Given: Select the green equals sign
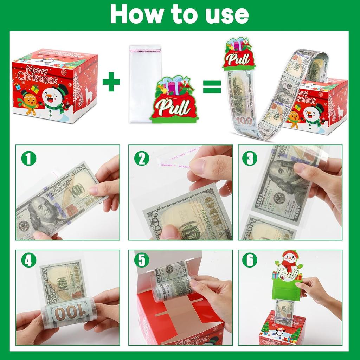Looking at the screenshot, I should tap(212, 86).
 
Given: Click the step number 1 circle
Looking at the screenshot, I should tap(28, 158).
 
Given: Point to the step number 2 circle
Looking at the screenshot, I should tap(142, 158).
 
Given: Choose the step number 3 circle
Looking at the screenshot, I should tap(250, 158).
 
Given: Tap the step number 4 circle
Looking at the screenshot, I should tap(28, 261).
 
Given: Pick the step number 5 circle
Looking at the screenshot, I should tap(142, 261).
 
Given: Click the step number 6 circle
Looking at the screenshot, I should tap(250, 261).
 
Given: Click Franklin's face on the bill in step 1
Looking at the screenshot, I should tap(41, 211).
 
